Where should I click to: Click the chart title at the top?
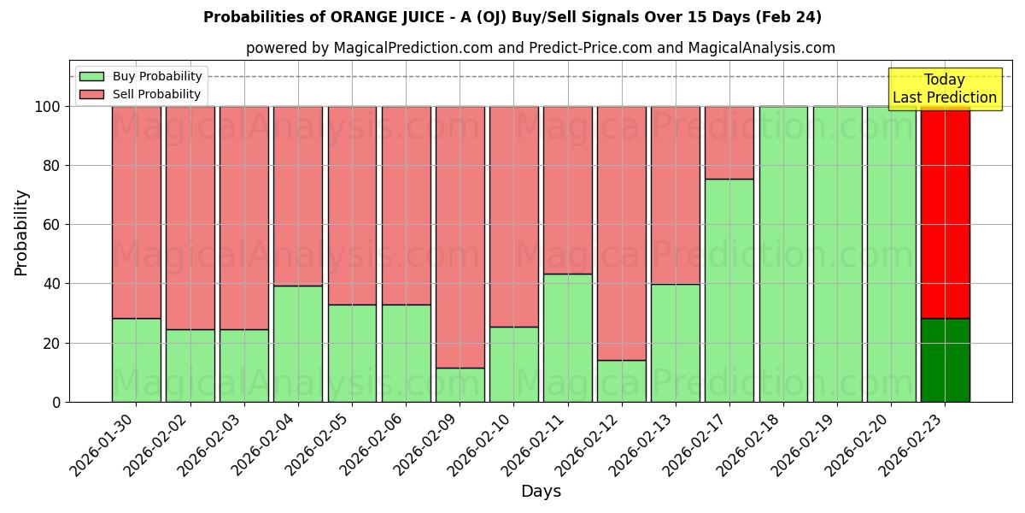pos(512,17)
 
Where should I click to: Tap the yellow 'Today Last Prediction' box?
pos(944,89)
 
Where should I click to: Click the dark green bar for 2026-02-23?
pos(945,360)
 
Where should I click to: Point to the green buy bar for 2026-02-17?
pos(729,290)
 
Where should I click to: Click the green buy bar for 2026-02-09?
pos(460,385)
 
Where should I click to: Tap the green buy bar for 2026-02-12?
pos(621,380)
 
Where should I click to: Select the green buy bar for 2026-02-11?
pos(567,338)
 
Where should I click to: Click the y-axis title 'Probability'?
pos(21,232)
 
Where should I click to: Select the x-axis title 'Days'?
pos(541,492)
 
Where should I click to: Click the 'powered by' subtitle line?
pos(541,48)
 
